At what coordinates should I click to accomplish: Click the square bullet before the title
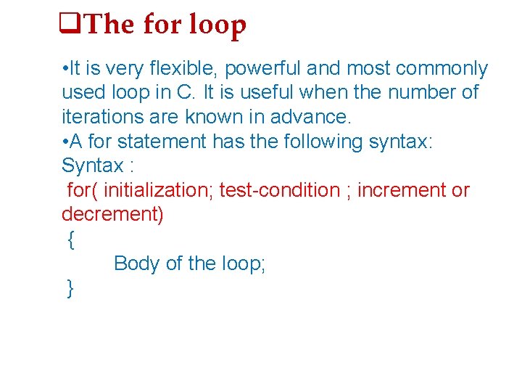click(x=69, y=25)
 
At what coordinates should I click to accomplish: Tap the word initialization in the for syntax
click(x=158, y=190)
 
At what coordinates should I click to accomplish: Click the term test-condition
click(x=279, y=190)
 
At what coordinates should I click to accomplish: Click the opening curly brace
click(x=70, y=240)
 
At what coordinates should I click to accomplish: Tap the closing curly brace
click(x=70, y=288)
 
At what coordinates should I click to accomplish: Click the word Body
click(x=137, y=264)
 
